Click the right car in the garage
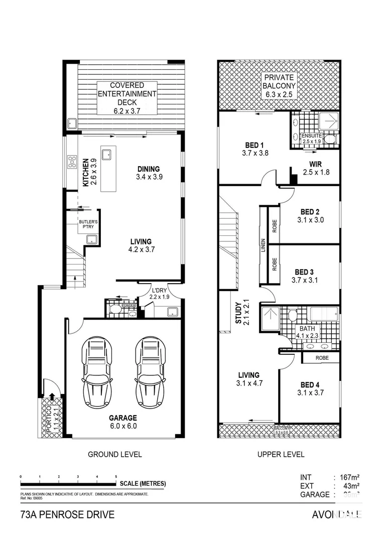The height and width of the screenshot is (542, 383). point(150,371)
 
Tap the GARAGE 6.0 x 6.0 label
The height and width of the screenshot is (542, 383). point(123,422)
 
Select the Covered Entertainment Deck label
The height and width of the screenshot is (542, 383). point(127,98)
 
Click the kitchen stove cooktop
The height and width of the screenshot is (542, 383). point(72,163)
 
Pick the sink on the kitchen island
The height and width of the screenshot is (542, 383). point(106,155)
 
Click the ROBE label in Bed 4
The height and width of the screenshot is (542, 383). point(322,358)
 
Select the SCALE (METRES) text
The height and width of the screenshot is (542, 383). point(143,484)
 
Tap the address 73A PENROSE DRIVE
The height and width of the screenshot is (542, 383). point(67,514)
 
